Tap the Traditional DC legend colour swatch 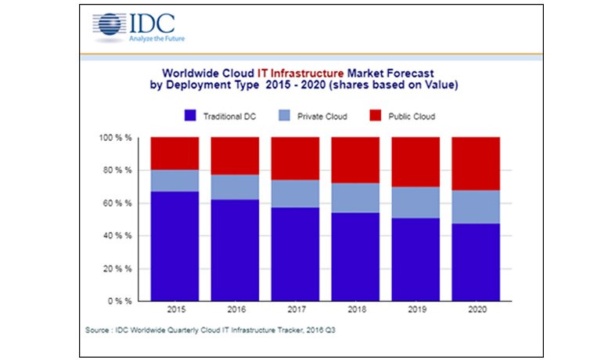click(x=190, y=116)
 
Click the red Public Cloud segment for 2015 click(x=175, y=153)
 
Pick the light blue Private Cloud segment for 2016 click(x=236, y=187)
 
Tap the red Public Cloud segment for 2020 click(x=476, y=164)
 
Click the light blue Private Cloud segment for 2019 click(x=416, y=202)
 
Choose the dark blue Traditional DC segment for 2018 click(x=355, y=256)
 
